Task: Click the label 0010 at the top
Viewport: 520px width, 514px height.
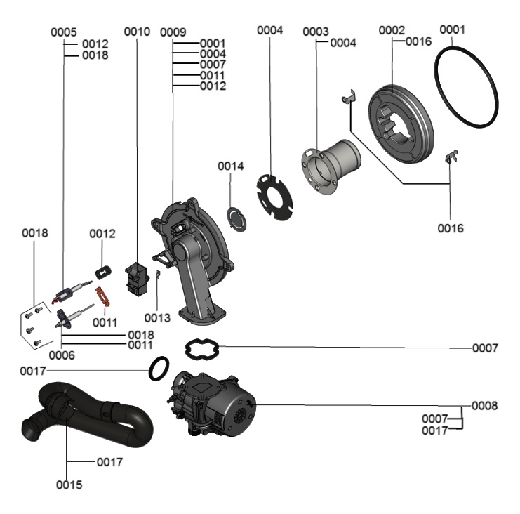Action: point(137,32)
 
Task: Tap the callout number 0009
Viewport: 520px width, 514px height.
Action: point(173,32)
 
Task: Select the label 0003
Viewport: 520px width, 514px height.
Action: point(316,32)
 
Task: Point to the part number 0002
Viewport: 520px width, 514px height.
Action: point(392,30)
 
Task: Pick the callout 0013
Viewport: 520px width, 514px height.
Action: point(158,318)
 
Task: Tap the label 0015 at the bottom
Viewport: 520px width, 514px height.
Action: point(69,485)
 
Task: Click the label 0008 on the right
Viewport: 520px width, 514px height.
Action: point(484,406)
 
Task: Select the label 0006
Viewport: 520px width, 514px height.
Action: point(62,355)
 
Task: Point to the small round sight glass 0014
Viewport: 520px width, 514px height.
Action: point(237,216)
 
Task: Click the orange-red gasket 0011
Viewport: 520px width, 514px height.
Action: point(103,295)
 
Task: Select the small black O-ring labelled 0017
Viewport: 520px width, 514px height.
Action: point(159,367)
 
